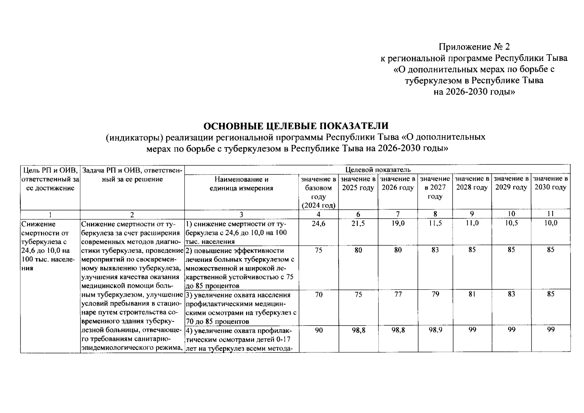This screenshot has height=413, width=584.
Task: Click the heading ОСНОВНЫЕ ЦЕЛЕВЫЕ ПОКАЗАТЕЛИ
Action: (296, 126)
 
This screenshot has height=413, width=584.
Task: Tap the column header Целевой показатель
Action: (378, 170)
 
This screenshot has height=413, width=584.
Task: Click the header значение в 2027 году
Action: (435, 188)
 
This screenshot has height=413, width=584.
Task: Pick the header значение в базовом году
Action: (318, 192)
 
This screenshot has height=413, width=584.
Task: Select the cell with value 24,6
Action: (318, 223)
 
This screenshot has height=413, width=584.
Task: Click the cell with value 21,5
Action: (358, 223)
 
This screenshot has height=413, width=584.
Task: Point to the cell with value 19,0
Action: (398, 223)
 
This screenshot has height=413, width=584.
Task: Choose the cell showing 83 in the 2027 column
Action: (435, 250)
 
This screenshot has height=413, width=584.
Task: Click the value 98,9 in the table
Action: (435, 330)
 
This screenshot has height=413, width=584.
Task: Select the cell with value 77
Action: (398, 294)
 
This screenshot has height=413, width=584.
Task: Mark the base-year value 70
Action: (318, 294)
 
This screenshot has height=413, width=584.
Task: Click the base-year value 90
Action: (318, 330)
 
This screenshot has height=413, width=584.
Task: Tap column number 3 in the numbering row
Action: (241, 214)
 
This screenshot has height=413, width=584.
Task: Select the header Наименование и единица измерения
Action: (241, 183)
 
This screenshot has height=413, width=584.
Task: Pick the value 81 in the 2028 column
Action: (472, 294)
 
